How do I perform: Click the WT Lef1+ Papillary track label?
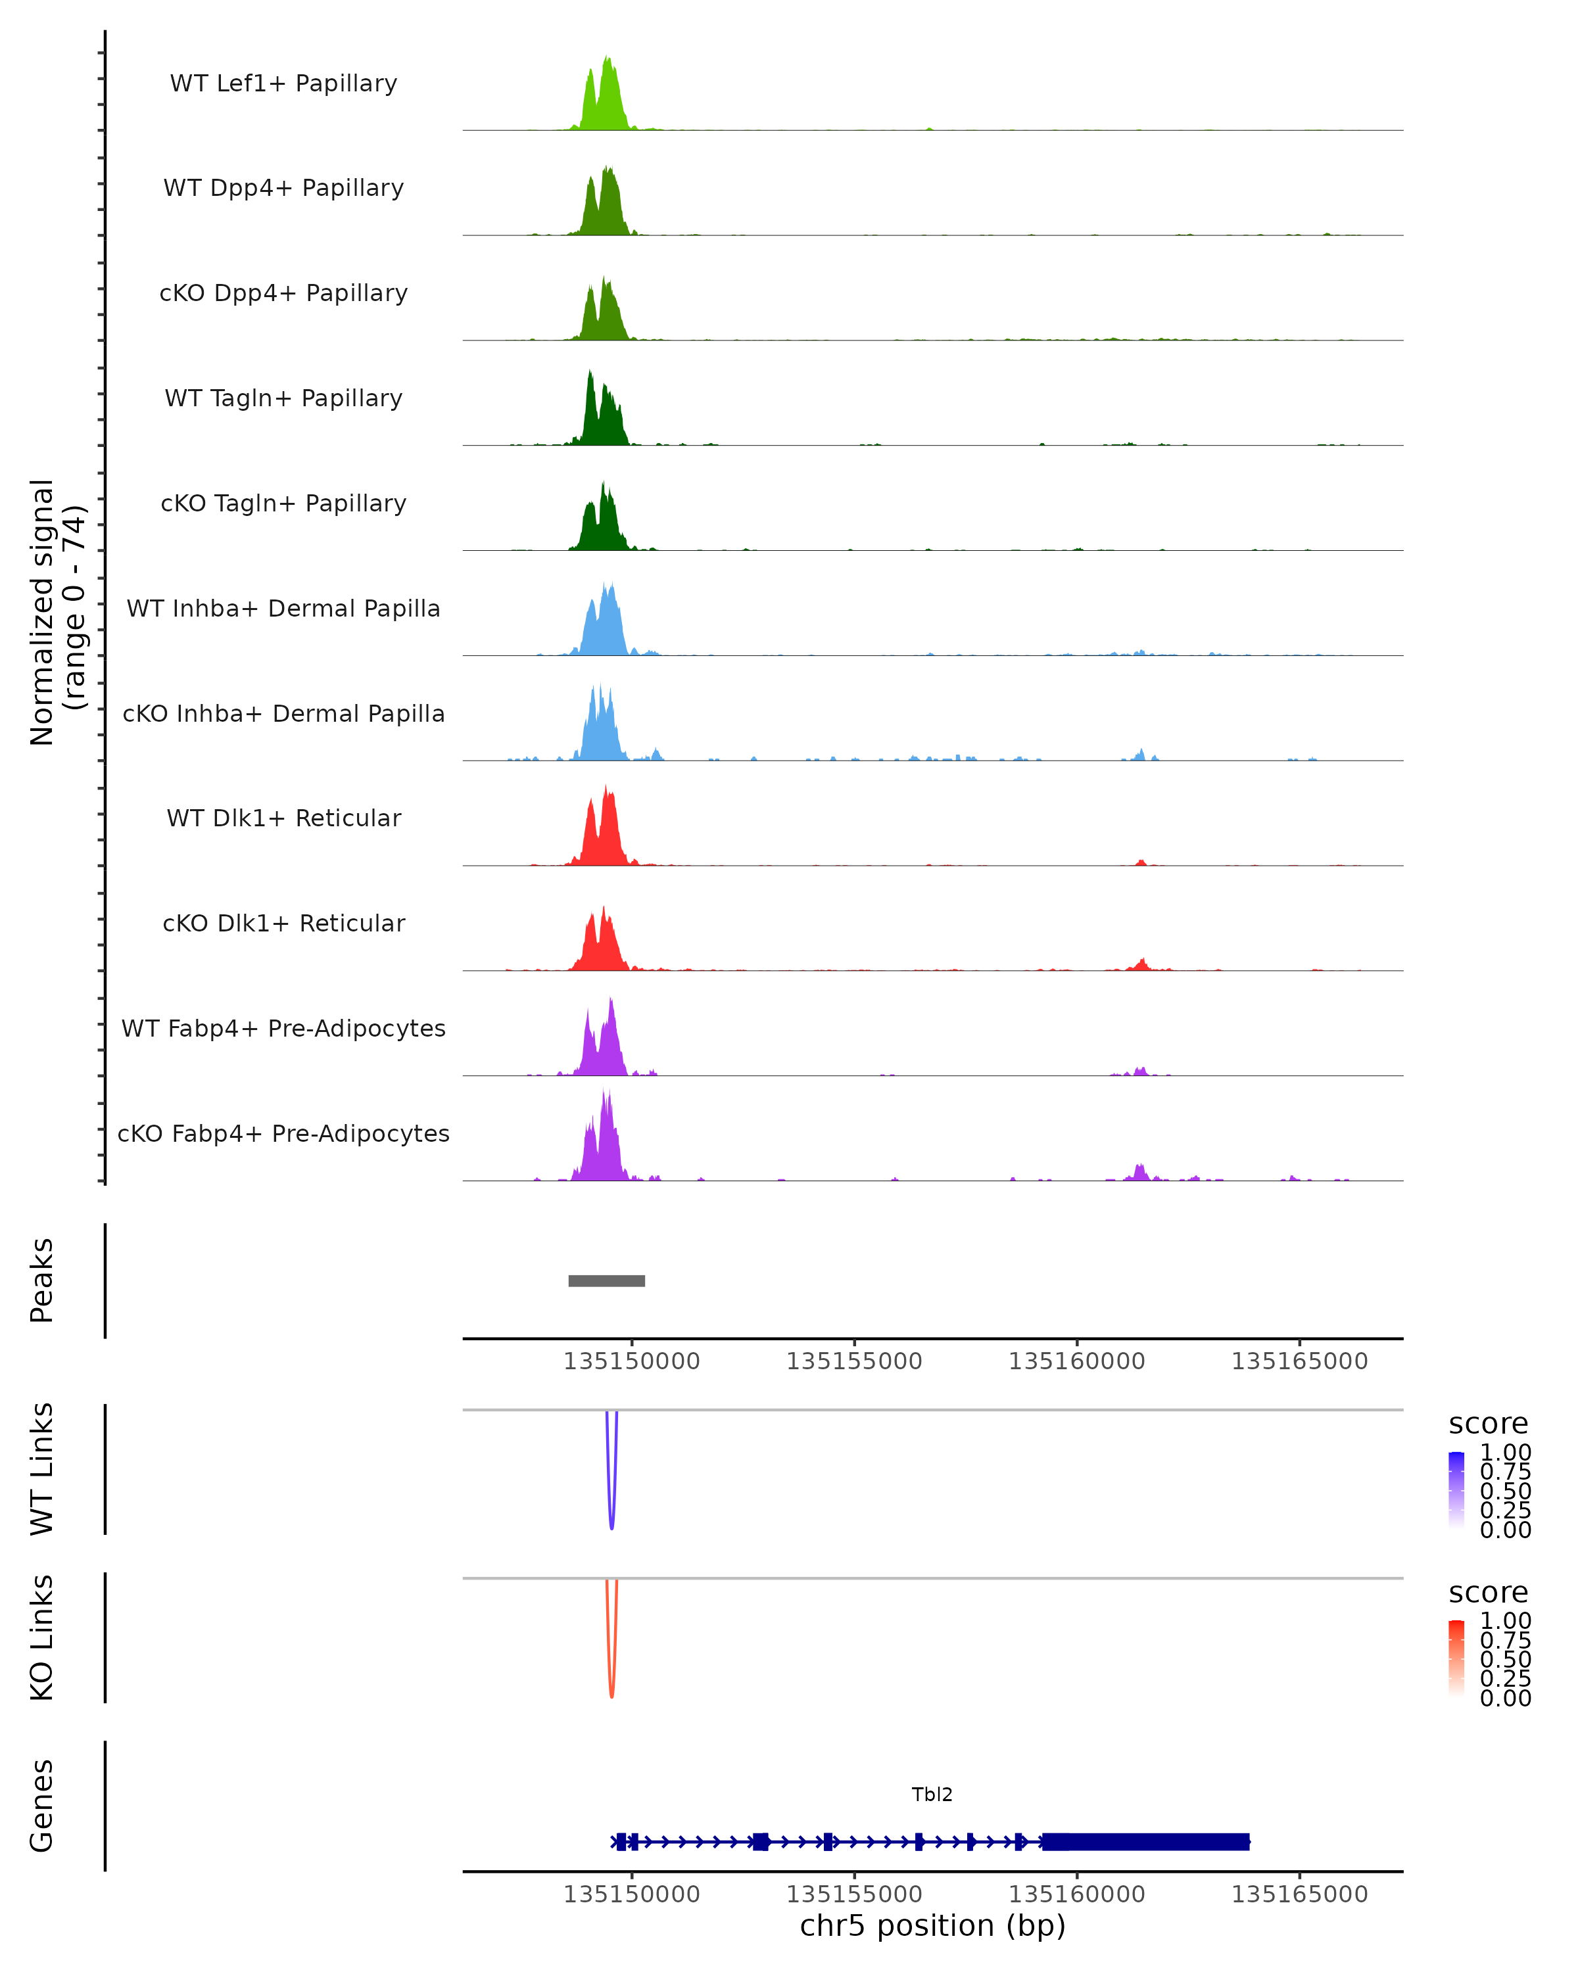[283, 83]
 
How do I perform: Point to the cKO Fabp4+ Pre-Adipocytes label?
[283, 1133]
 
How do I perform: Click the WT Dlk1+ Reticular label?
[283, 818]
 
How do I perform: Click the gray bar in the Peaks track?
[606, 1280]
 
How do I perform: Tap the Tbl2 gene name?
[932, 1795]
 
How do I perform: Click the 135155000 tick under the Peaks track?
[854, 1361]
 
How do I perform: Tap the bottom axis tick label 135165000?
[1299, 1894]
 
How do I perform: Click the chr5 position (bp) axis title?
[932, 1926]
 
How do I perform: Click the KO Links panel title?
[42, 1637]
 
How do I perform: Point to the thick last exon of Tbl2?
[1145, 1842]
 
